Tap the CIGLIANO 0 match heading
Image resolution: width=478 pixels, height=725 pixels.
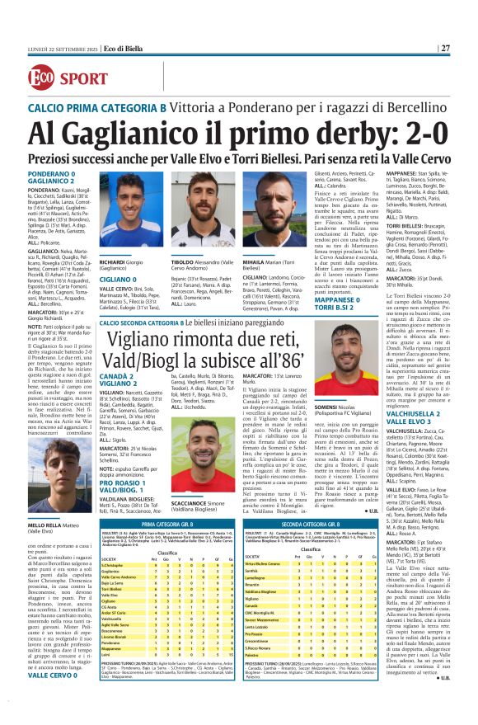click(117, 280)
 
